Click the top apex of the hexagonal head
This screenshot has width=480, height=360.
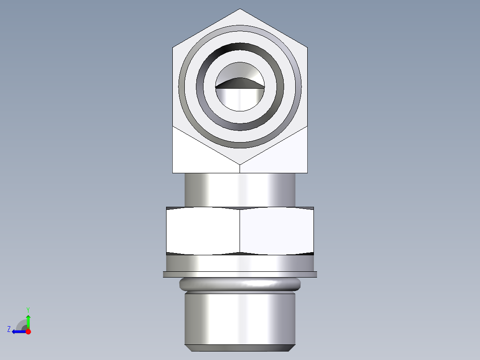point(240,9)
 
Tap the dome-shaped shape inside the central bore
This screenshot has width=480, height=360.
point(240,83)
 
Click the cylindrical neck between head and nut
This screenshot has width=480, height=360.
point(240,190)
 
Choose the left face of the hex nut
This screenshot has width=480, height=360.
point(203,231)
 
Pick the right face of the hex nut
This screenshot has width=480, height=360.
point(277,231)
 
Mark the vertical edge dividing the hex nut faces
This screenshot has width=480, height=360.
point(240,231)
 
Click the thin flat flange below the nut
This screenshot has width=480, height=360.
point(240,274)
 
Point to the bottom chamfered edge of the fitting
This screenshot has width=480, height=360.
point(240,348)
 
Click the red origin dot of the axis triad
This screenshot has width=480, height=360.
point(28,331)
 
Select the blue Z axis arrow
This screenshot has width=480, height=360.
point(18,331)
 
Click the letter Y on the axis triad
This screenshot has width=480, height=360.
point(28,309)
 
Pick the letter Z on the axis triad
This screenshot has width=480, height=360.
point(9,329)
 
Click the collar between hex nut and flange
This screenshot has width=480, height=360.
point(240,263)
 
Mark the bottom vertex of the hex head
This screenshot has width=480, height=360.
point(240,164)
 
